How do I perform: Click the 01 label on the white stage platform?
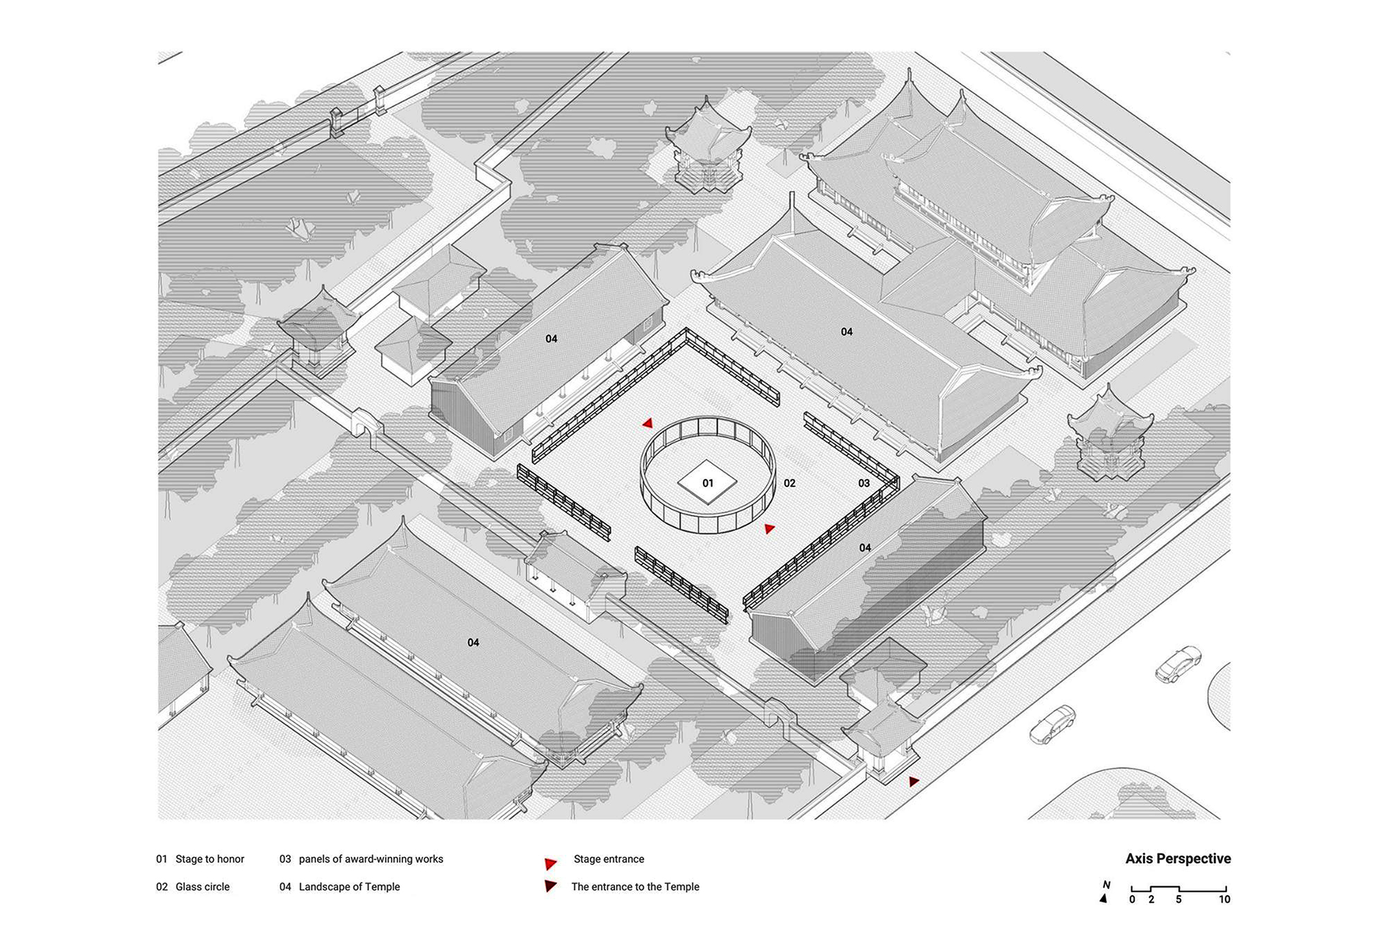click(708, 483)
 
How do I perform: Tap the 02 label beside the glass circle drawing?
click(790, 483)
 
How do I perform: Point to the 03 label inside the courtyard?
click(864, 483)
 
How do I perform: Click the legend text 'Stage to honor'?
click(210, 859)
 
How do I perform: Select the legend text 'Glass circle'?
click(202, 887)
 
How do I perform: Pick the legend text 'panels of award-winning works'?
click(371, 859)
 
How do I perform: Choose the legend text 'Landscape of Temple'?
click(349, 887)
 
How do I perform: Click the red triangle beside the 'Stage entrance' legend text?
click(550, 864)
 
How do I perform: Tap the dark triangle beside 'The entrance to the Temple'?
click(550, 886)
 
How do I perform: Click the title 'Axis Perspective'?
click(1178, 859)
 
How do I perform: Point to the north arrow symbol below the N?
click(1103, 899)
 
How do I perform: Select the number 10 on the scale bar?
click(1224, 899)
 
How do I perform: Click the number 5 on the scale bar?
click(1178, 899)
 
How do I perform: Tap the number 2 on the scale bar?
click(1151, 899)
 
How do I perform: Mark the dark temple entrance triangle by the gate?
click(914, 781)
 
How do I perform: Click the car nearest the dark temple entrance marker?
click(1052, 724)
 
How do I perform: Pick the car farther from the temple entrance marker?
click(1178, 664)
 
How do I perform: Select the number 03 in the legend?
click(285, 859)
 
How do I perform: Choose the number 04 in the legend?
click(285, 887)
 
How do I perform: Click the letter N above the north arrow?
click(1106, 885)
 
